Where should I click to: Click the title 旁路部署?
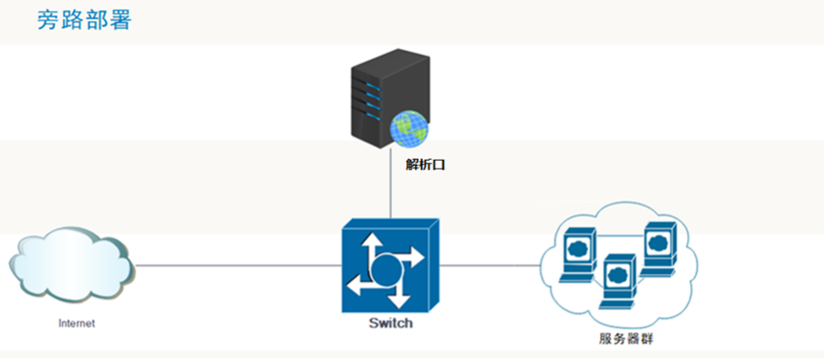pos(84,20)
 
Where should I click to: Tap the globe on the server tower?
pos(409,129)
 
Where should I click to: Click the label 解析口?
pos(426,163)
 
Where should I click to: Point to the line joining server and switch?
pos(390,192)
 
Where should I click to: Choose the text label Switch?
pos(391,322)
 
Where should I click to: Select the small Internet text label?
pos(76,322)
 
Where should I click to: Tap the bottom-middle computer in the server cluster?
pos(619,279)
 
